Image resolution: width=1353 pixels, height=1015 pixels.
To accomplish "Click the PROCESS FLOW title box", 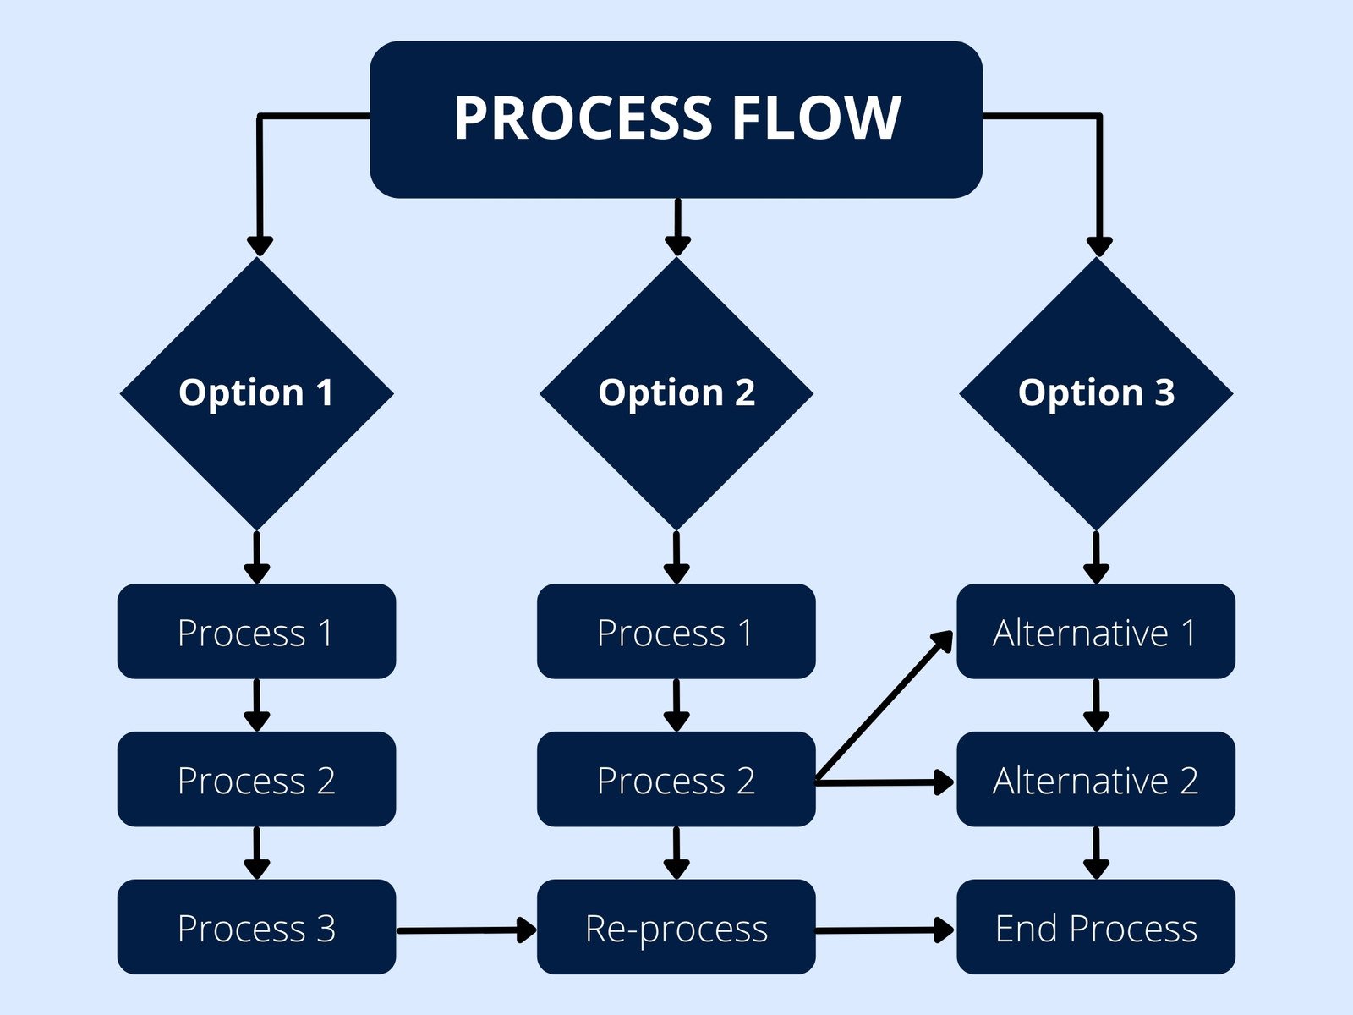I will [676, 119].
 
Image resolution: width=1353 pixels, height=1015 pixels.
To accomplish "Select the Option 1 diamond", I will [256, 393].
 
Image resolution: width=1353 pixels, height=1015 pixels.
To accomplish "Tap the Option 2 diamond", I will [676, 393].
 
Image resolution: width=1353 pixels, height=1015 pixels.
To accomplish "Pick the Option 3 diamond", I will [1096, 393].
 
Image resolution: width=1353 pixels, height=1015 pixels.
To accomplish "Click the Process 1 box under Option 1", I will [256, 632].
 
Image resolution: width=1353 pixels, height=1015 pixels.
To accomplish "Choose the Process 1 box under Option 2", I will [676, 632].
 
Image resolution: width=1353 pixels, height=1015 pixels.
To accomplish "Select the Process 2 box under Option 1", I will [256, 779].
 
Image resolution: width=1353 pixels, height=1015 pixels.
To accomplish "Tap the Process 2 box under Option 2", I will [676, 779].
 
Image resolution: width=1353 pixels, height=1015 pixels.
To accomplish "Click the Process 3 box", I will [256, 927].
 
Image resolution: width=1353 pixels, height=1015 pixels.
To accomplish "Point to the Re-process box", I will [676, 927].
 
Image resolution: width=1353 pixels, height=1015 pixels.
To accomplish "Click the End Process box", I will [1096, 927].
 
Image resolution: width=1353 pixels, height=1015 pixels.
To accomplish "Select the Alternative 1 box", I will [1096, 632].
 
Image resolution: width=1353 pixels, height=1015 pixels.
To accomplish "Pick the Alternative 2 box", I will [1096, 779].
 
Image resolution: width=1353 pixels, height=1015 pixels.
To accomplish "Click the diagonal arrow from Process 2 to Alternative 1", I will [884, 706].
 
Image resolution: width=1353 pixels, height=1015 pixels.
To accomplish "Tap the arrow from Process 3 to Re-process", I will [465, 930].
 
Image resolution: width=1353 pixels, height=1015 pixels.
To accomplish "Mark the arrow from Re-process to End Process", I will [884, 930].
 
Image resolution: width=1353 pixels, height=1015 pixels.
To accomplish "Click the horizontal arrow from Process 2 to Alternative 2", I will [884, 782].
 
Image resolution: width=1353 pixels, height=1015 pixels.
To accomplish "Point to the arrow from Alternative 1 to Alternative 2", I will [1096, 705].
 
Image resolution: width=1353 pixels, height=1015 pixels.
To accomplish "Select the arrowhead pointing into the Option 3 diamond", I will [1098, 246].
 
